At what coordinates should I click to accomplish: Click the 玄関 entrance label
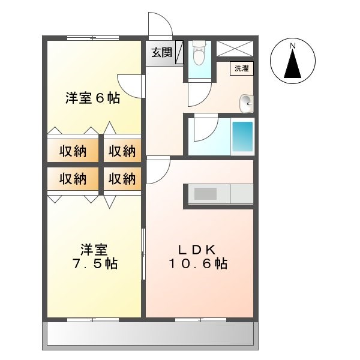click(159, 52)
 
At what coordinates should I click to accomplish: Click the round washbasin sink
click(246, 103)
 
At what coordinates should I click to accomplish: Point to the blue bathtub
click(242, 137)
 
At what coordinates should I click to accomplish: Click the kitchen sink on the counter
click(205, 194)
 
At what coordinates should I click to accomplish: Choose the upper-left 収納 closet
click(73, 151)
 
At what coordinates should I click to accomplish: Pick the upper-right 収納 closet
click(122, 151)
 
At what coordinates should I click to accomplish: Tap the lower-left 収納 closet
click(73, 178)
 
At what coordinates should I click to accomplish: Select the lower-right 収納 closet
click(122, 178)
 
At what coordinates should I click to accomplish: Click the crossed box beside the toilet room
click(234, 48)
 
